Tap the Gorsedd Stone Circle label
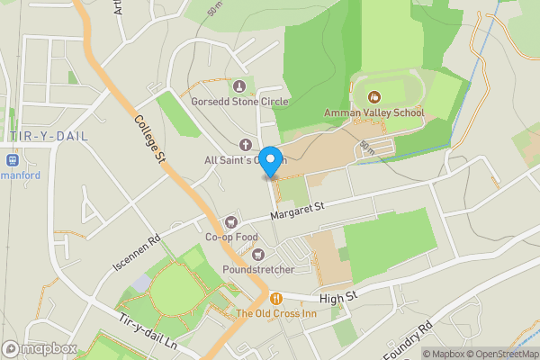[239, 102]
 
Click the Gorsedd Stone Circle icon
[239, 86]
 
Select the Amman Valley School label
[373, 112]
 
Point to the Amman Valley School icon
[373, 97]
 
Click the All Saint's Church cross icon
[244, 145]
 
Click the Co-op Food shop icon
[231, 221]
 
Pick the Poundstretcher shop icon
[257, 254]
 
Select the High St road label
[338, 294]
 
